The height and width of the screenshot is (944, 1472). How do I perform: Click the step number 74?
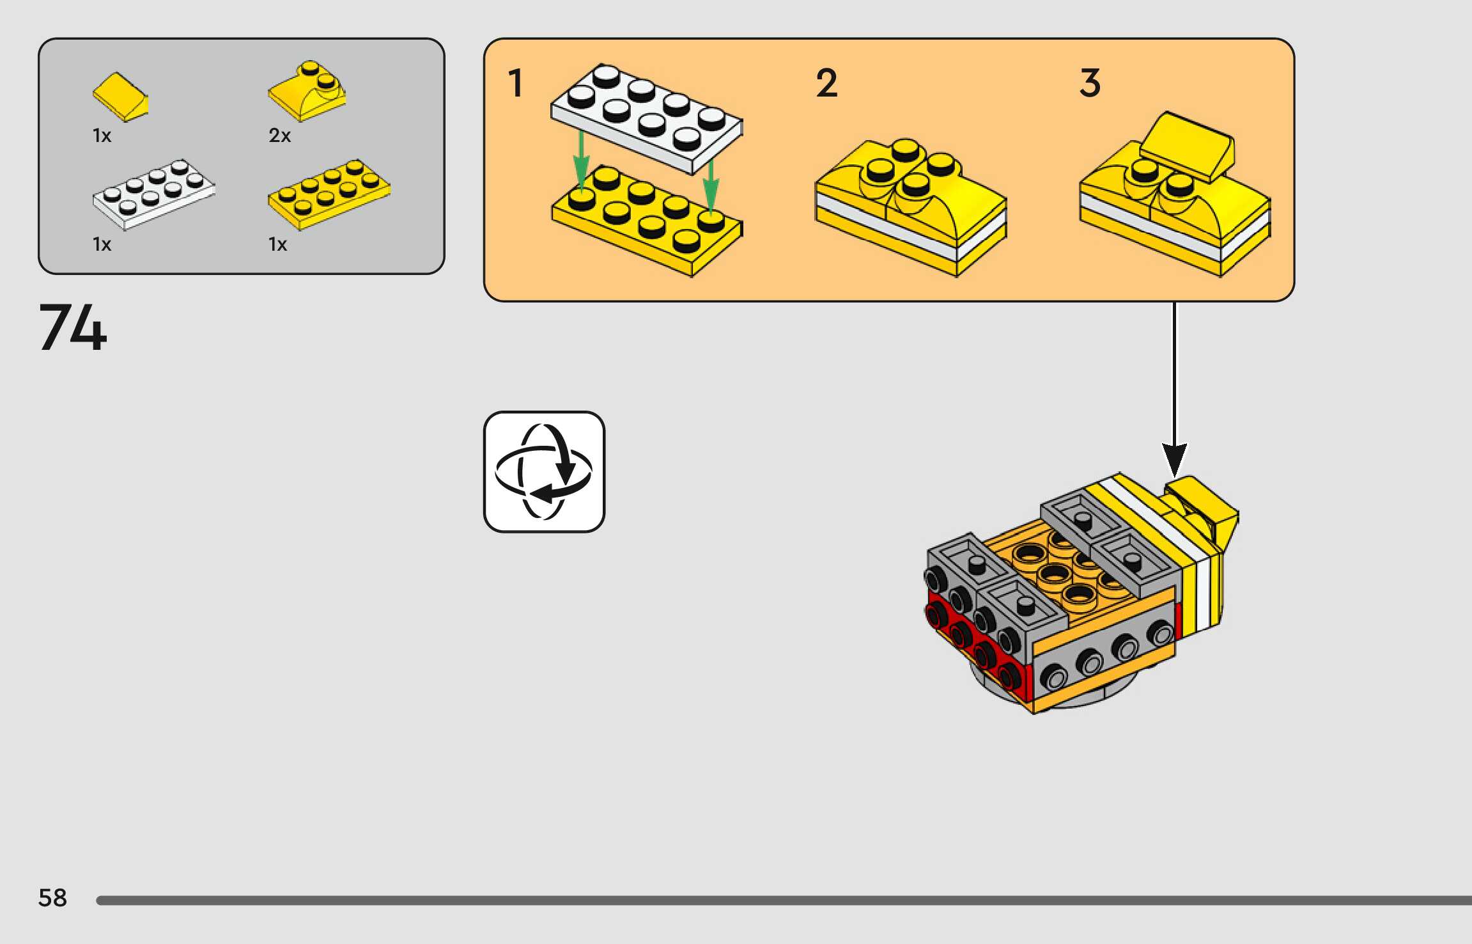(73, 327)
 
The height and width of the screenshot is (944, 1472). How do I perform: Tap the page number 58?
(52, 898)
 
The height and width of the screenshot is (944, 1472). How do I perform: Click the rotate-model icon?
(544, 472)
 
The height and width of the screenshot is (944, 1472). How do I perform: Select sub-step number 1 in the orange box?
(515, 84)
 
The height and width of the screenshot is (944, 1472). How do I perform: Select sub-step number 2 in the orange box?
(826, 84)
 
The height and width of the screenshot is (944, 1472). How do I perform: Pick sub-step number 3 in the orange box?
(1090, 84)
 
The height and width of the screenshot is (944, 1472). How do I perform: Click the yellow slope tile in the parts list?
(120, 97)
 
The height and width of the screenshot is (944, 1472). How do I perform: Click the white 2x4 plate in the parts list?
(153, 194)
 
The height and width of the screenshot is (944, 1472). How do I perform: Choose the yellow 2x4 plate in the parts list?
(329, 194)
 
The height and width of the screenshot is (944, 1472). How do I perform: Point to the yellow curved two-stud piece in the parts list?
(307, 91)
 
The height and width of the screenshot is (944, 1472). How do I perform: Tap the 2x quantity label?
(279, 136)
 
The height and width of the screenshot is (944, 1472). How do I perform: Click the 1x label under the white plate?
(102, 244)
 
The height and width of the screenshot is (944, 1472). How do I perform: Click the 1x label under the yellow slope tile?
(102, 136)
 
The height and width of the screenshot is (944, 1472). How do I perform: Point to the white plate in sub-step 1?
(646, 119)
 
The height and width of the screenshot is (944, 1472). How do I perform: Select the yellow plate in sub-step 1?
(647, 221)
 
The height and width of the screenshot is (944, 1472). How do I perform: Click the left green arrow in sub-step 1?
(581, 160)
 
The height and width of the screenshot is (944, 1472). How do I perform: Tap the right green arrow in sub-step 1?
(711, 185)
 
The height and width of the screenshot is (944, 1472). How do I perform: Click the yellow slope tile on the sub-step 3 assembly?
(1188, 146)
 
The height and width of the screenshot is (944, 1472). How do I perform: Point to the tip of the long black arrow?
(1174, 476)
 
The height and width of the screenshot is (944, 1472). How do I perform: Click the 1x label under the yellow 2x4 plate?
(277, 244)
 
